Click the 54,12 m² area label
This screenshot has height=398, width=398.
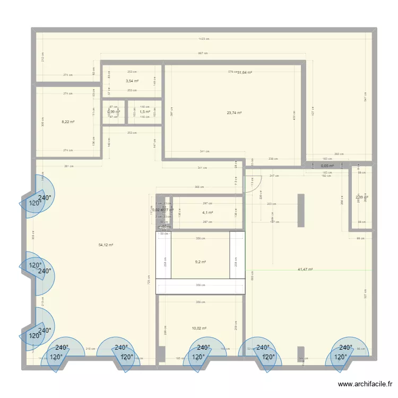106,245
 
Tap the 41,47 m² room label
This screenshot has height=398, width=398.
305,269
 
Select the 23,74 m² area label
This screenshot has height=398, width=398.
234,113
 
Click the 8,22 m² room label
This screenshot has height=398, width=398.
68,122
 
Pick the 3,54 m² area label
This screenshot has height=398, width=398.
132,81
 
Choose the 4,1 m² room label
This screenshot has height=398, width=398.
207,213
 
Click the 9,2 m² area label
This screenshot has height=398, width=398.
200,262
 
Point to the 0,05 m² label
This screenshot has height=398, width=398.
327,166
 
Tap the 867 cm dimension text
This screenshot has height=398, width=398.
203,53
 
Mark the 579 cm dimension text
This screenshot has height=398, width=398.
232,72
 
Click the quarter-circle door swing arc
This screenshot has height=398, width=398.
254,184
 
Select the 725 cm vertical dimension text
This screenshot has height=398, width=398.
149,282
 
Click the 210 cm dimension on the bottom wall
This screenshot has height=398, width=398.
90,349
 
